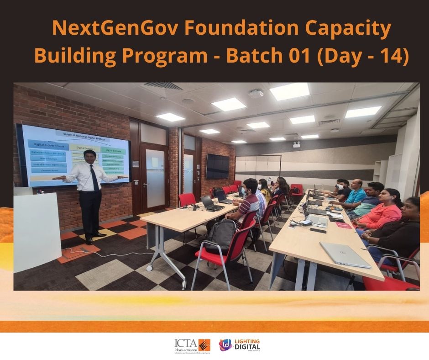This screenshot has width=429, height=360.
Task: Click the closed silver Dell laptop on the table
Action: (345, 254)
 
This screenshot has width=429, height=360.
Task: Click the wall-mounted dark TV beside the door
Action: (218, 166)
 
